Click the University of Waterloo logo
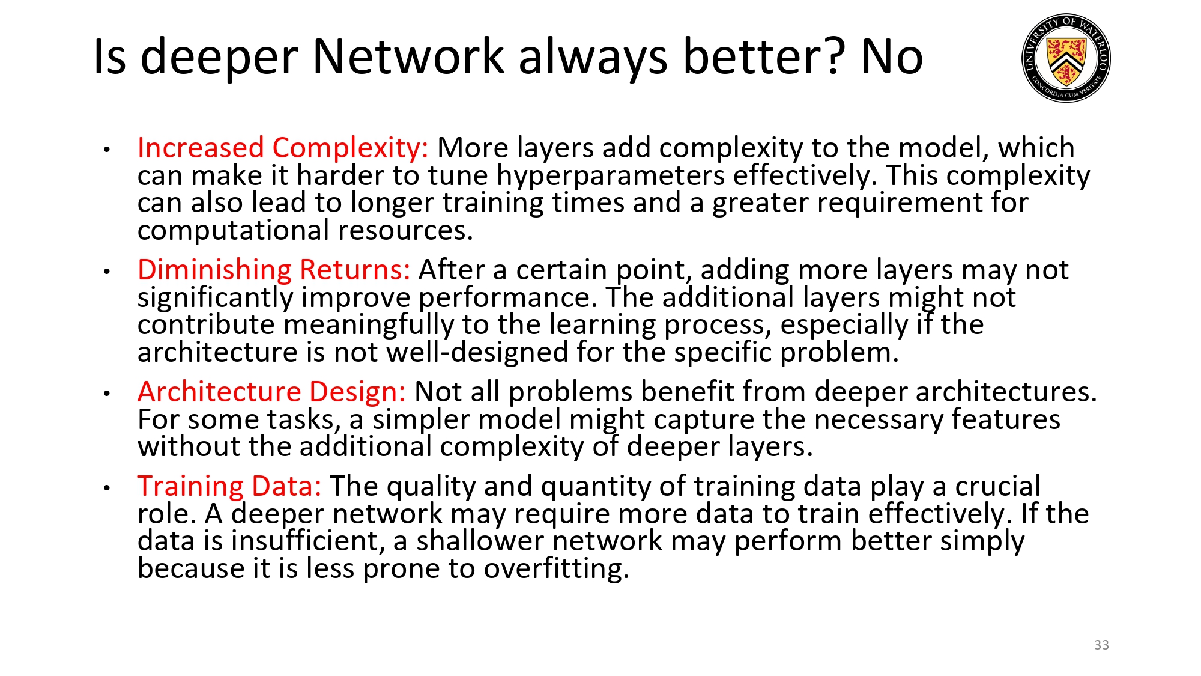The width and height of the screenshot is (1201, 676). (x=1066, y=58)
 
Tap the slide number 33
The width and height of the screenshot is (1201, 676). (x=1101, y=645)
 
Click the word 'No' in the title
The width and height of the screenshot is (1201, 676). (x=892, y=57)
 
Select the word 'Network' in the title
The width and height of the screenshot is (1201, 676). (x=408, y=57)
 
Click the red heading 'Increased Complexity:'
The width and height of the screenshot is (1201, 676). (x=283, y=148)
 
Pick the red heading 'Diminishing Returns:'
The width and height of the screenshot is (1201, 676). (x=274, y=270)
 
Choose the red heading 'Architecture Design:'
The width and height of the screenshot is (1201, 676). (x=271, y=392)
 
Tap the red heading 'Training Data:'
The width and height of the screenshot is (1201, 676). (x=229, y=486)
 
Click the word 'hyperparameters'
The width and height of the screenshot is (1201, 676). (x=611, y=176)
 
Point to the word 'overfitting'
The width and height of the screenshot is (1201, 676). (x=556, y=568)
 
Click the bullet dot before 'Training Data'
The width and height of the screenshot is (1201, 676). (x=107, y=488)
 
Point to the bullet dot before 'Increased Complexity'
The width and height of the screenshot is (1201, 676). (x=107, y=150)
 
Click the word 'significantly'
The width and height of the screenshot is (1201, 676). (x=215, y=298)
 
